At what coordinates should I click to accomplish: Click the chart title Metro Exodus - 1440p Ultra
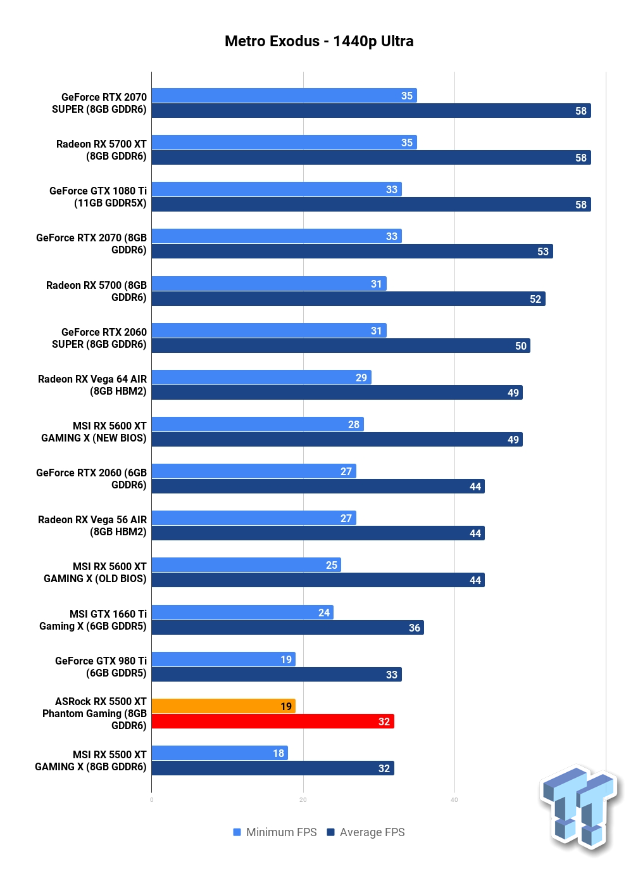click(x=319, y=41)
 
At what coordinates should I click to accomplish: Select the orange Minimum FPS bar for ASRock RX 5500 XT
click(x=223, y=706)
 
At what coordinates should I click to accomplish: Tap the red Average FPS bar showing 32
click(x=273, y=722)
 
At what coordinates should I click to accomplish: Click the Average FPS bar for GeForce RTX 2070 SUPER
click(x=371, y=110)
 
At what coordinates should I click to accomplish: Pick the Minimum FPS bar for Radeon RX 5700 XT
click(x=284, y=143)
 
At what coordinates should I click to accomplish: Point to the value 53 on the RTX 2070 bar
click(x=543, y=251)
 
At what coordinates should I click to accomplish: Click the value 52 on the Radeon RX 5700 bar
click(x=535, y=299)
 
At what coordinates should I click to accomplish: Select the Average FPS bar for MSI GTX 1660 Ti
click(x=288, y=628)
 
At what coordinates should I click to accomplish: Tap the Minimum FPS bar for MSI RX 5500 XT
click(x=220, y=753)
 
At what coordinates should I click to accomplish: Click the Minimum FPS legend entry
click(x=275, y=832)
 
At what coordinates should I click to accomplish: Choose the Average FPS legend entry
click(x=366, y=832)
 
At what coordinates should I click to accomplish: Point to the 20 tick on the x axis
click(x=303, y=800)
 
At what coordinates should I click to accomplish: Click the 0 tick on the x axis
click(x=151, y=800)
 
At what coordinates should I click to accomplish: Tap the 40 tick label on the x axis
click(x=454, y=800)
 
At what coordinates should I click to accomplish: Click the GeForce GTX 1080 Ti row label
click(x=98, y=197)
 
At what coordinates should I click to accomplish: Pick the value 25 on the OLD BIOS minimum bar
click(x=332, y=565)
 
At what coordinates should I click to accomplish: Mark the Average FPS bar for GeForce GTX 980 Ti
click(x=277, y=674)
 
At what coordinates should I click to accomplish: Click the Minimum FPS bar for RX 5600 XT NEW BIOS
click(x=258, y=424)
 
